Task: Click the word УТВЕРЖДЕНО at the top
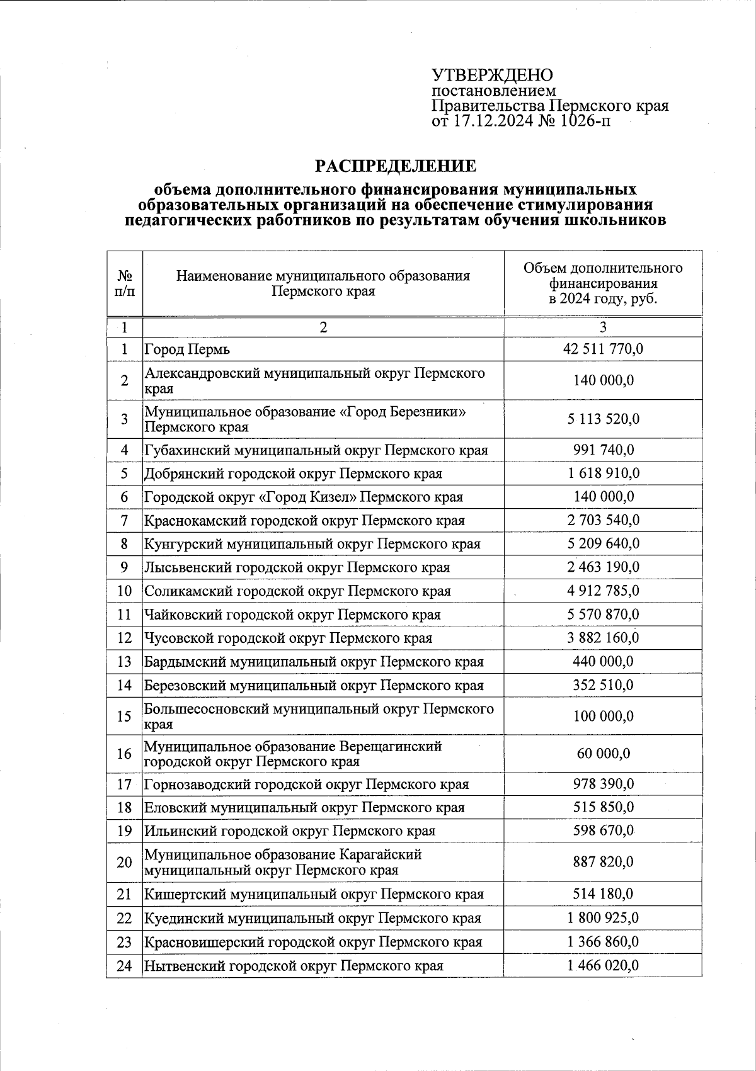click(x=492, y=75)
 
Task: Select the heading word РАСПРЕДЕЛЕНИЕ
click(x=396, y=166)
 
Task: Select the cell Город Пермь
click(x=188, y=349)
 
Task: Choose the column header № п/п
click(x=125, y=284)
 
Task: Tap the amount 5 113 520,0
click(x=603, y=419)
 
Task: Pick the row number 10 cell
click(x=125, y=591)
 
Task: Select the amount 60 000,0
click(x=603, y=754)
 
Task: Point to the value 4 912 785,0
click(x=603, y=591)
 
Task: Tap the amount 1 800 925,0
click(x=603, y=918)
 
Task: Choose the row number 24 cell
click(x=125, y=965)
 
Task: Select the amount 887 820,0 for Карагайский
click(x=603, y=862)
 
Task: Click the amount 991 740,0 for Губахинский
click(x=603, y=450)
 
